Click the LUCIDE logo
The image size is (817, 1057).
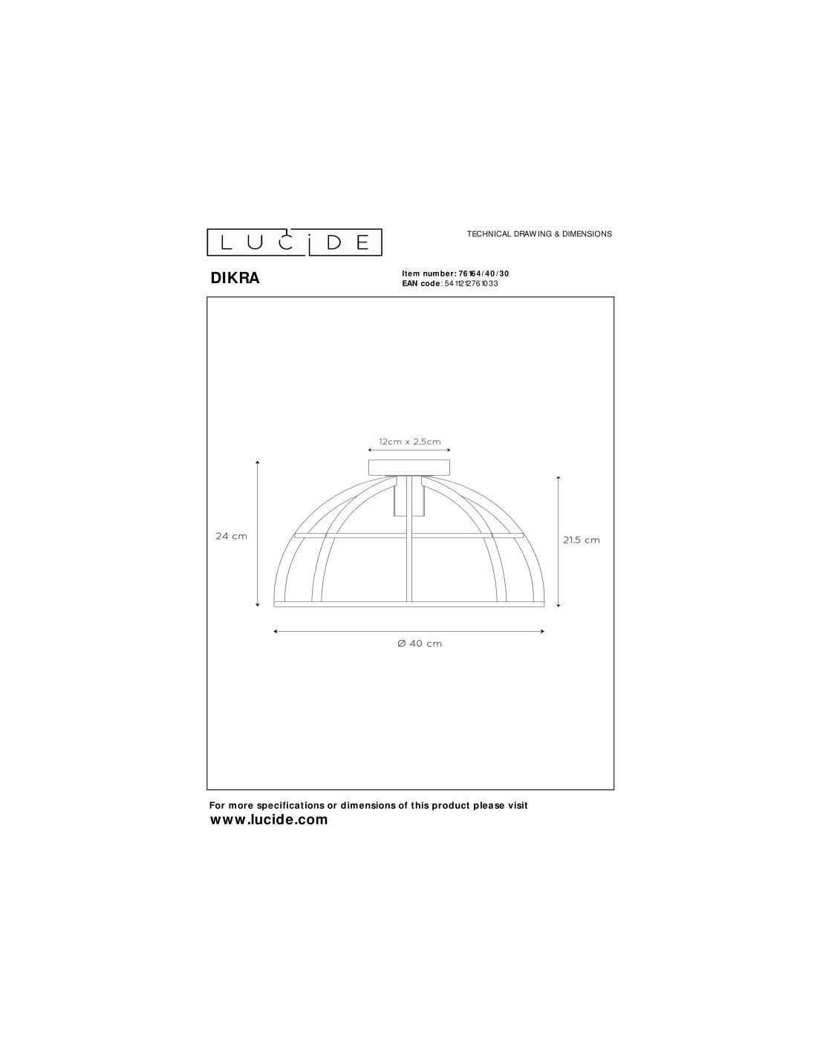294,242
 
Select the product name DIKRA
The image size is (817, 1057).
235,278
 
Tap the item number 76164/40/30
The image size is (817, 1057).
484,274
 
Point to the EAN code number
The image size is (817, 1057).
471,284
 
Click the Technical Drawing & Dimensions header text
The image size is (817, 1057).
539,234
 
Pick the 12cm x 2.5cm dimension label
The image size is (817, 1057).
410,442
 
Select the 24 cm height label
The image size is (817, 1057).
231,536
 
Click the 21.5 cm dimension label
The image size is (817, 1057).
582,540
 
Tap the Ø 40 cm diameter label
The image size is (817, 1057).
420,644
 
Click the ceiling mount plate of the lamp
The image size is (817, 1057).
410,467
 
